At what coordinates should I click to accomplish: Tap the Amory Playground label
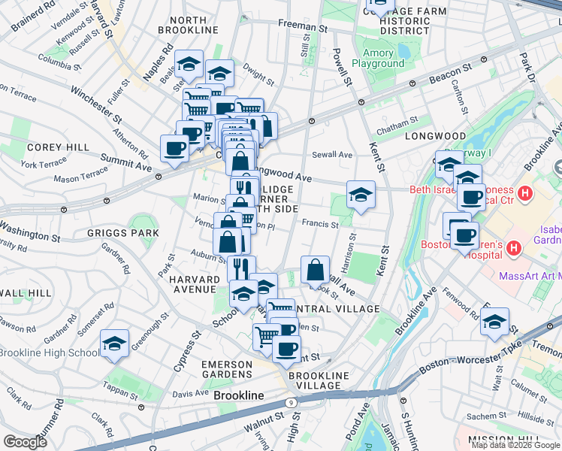[383, 59]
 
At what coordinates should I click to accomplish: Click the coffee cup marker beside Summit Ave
[175, 147]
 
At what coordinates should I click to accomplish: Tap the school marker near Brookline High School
[114, 344]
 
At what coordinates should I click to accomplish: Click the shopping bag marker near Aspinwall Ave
[316, 270]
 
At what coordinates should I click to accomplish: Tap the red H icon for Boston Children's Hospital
[515, 247]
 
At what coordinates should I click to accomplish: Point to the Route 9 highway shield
[290, 403]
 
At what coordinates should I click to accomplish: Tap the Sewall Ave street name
[333, 155]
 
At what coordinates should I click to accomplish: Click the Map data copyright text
[515, 445]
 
